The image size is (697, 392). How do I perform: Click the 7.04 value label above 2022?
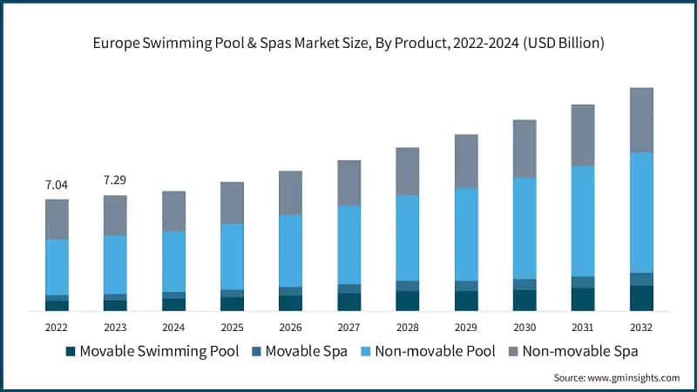(x=57, y=185)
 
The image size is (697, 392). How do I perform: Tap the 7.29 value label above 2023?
(x=115, y=179)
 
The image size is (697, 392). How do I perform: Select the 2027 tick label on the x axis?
(x=348, y=327)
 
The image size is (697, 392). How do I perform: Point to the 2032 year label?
(x=641, y=327)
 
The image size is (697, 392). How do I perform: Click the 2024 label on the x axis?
(x=173, y=327)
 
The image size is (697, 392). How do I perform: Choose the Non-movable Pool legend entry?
(x=426, y=352)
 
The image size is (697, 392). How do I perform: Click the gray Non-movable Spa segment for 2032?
(x=641, y=120)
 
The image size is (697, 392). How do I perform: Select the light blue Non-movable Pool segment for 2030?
(x=524, y=228)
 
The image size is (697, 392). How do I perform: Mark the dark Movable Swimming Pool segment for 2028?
(x=407, y=301)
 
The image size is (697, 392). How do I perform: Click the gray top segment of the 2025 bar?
(x=232, y=203)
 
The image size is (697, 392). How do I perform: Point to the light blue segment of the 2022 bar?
(x=57, y=267)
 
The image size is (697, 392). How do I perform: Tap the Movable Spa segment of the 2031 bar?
(x=583, y=282)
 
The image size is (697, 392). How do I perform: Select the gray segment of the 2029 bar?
(x=466, y=161)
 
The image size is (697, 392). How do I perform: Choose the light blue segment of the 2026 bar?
(x=290, y=251)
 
